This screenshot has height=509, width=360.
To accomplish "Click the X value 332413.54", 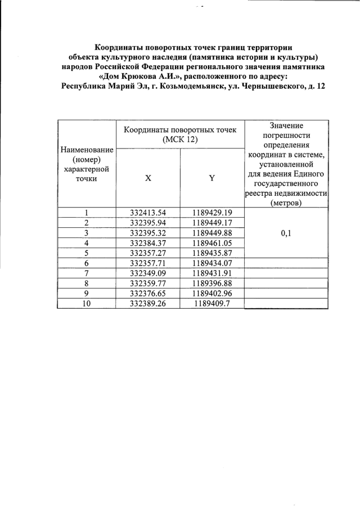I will [x=148, y=213].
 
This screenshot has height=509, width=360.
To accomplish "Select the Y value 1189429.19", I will [x=211, y=213].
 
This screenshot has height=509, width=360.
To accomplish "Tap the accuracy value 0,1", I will [x=286, y=233].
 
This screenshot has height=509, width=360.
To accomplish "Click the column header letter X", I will [x=148, y=178].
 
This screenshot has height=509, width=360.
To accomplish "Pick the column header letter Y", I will [x=211, y=178].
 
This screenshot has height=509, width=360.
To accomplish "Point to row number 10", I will [x=87, y=304].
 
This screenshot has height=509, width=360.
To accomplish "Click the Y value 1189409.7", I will [x=211, y=304].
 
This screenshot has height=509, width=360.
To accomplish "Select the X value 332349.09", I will [x=148, y=273].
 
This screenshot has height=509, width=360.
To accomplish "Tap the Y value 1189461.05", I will [x=211, y=243].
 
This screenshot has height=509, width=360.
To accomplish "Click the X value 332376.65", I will [x=148, y=294].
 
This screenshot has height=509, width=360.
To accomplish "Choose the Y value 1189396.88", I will [x=211, y=283].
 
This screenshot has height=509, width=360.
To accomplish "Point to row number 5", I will [x=87, y=253].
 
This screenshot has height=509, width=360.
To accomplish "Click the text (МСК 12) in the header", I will [x=180, y=139].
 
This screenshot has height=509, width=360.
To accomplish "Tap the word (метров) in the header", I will [x=286, y=203].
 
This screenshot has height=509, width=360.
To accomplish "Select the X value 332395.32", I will [x=148, y=233].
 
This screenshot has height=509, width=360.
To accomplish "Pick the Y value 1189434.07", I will [x=211, y=263].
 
